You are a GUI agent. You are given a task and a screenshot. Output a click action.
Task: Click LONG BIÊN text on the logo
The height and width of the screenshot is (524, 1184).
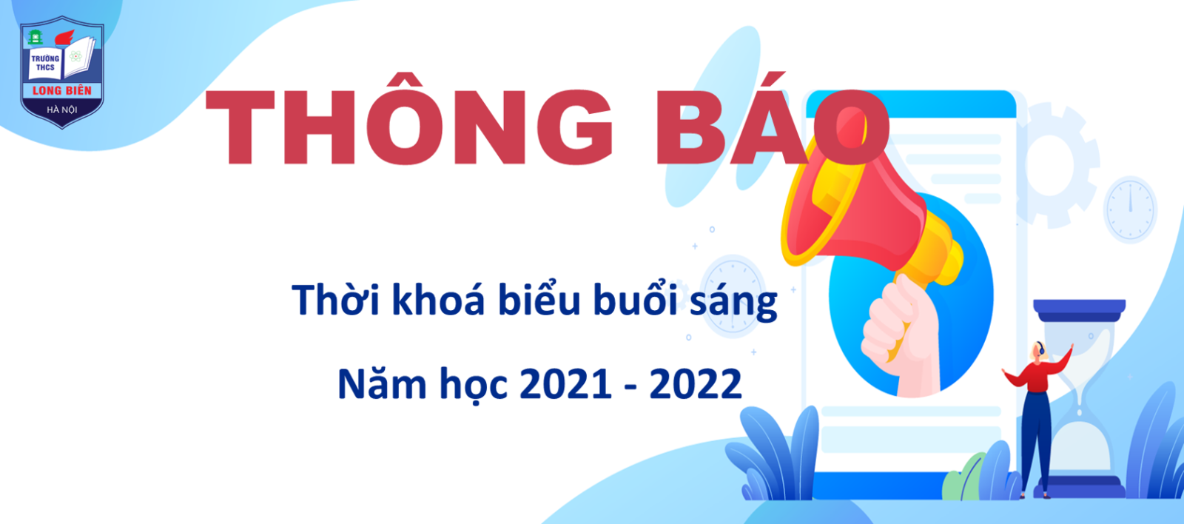coord(62,90)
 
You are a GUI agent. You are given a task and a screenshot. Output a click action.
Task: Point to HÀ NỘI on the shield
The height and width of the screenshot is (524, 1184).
coord(62,110)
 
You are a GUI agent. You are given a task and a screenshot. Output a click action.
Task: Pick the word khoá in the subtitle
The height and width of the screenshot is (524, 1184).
coord(438,299)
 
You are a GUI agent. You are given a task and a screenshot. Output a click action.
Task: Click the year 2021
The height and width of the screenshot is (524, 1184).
coord(565,384)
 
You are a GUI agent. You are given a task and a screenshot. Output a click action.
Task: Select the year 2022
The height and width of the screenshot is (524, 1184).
coord(696,384)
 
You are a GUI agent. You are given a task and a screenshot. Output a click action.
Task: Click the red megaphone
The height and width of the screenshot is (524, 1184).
coord(867,212)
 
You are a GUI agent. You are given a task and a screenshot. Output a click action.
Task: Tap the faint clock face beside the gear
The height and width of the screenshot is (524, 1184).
coord(1130,209)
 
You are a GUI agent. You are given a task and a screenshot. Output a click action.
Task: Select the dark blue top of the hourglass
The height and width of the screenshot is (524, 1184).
coord(1080,310)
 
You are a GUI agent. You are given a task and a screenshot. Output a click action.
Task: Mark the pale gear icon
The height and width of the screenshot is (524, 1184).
coord(1052,164)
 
